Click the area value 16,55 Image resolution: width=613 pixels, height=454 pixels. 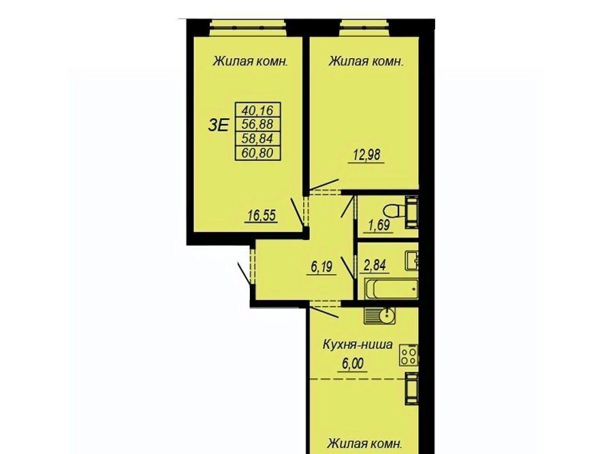tap(262, 215)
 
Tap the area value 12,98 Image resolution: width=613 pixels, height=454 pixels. tap(366, 155)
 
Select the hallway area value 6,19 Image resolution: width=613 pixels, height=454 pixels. tap(321, 267)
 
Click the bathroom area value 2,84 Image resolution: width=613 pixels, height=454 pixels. tap(375, 265)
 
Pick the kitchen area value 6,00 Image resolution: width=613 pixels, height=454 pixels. tap(353, 363)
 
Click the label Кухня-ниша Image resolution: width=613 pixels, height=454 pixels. tap(358, 345)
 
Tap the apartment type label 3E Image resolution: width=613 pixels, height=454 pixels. tap(218, 125)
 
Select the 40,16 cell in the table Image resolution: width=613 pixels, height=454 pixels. tap(257, 110)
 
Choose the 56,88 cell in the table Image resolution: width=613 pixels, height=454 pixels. tap(257, 124)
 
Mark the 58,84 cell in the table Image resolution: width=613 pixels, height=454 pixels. tap(257, 138)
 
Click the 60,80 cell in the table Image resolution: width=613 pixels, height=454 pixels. tap(257, 153)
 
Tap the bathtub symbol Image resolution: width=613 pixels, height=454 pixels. tap(390, 289)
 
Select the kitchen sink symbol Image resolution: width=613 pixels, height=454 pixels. tap(379, 316)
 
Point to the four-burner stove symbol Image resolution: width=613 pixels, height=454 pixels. tap(409, 355)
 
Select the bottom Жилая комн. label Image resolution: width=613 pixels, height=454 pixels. tap(365, 444)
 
